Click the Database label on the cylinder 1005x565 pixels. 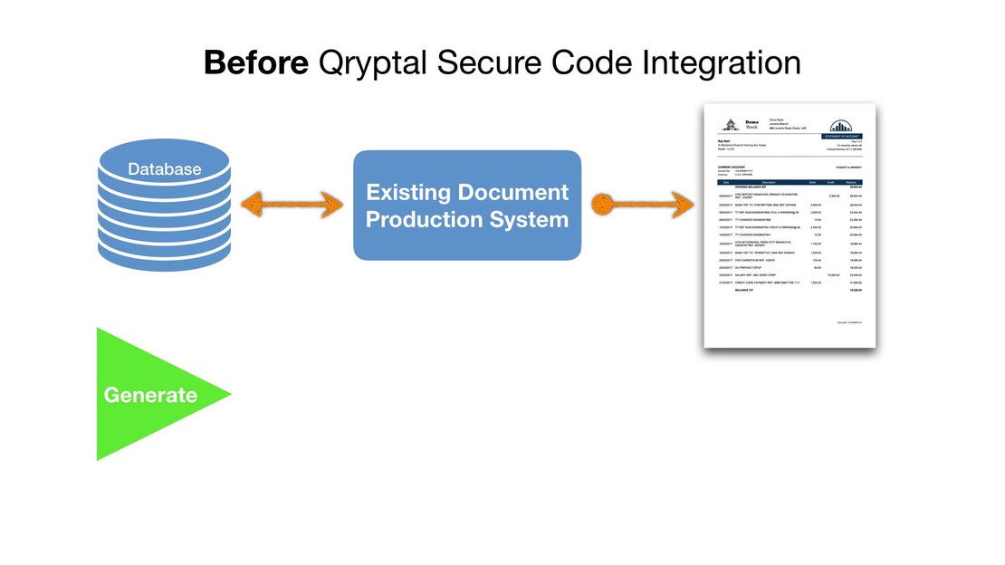point(164,169)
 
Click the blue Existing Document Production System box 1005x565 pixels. point(466,205)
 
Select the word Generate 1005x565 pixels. point(150,395)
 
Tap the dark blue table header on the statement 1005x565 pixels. point(790,183)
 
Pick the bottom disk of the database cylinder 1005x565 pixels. point(164,255)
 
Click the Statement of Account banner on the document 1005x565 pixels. point(841,137)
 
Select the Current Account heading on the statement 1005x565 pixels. point(732,168)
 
